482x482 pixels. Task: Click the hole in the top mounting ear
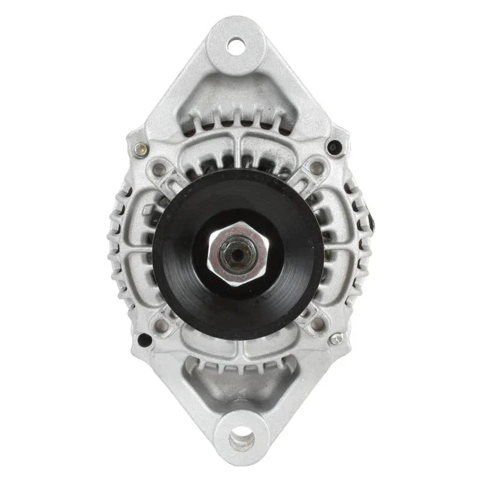(236, 45)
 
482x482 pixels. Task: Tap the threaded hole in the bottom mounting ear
(241, 434)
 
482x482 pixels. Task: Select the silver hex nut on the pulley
(239, 251)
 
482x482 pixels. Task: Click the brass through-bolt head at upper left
(141, 149)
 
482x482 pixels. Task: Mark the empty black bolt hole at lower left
(145, 339)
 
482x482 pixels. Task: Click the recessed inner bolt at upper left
(160, 169)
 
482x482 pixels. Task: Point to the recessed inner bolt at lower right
(316, 324)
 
